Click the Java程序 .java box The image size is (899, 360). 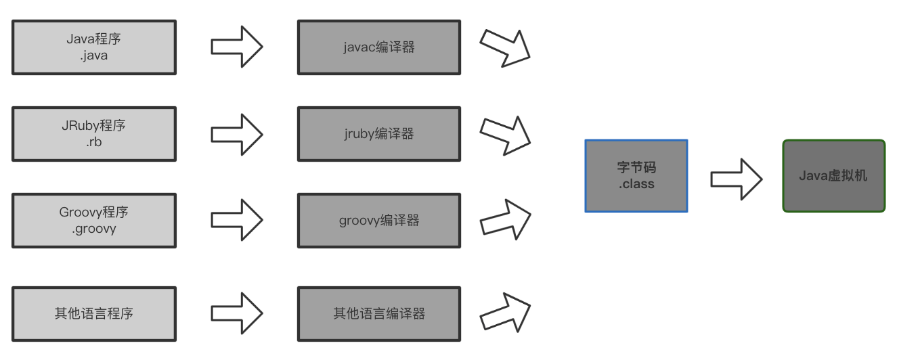(93, 47)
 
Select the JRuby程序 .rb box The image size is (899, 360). (93, 134)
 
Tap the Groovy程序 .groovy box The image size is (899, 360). (93, 221)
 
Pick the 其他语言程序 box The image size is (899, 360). (93, 313)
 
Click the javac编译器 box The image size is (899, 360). (378, 47)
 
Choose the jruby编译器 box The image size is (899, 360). (378, 134)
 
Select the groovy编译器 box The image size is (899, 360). (378, 221)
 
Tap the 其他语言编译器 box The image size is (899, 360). (378, 313)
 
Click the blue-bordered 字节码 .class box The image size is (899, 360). (636, 175)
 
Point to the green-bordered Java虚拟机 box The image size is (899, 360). (833, 176)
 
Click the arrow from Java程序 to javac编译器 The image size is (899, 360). (236, 47)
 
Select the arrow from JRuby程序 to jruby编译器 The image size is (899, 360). (236, 134)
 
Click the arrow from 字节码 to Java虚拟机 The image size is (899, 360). (736, 179)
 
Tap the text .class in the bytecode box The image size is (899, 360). (636, 183)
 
